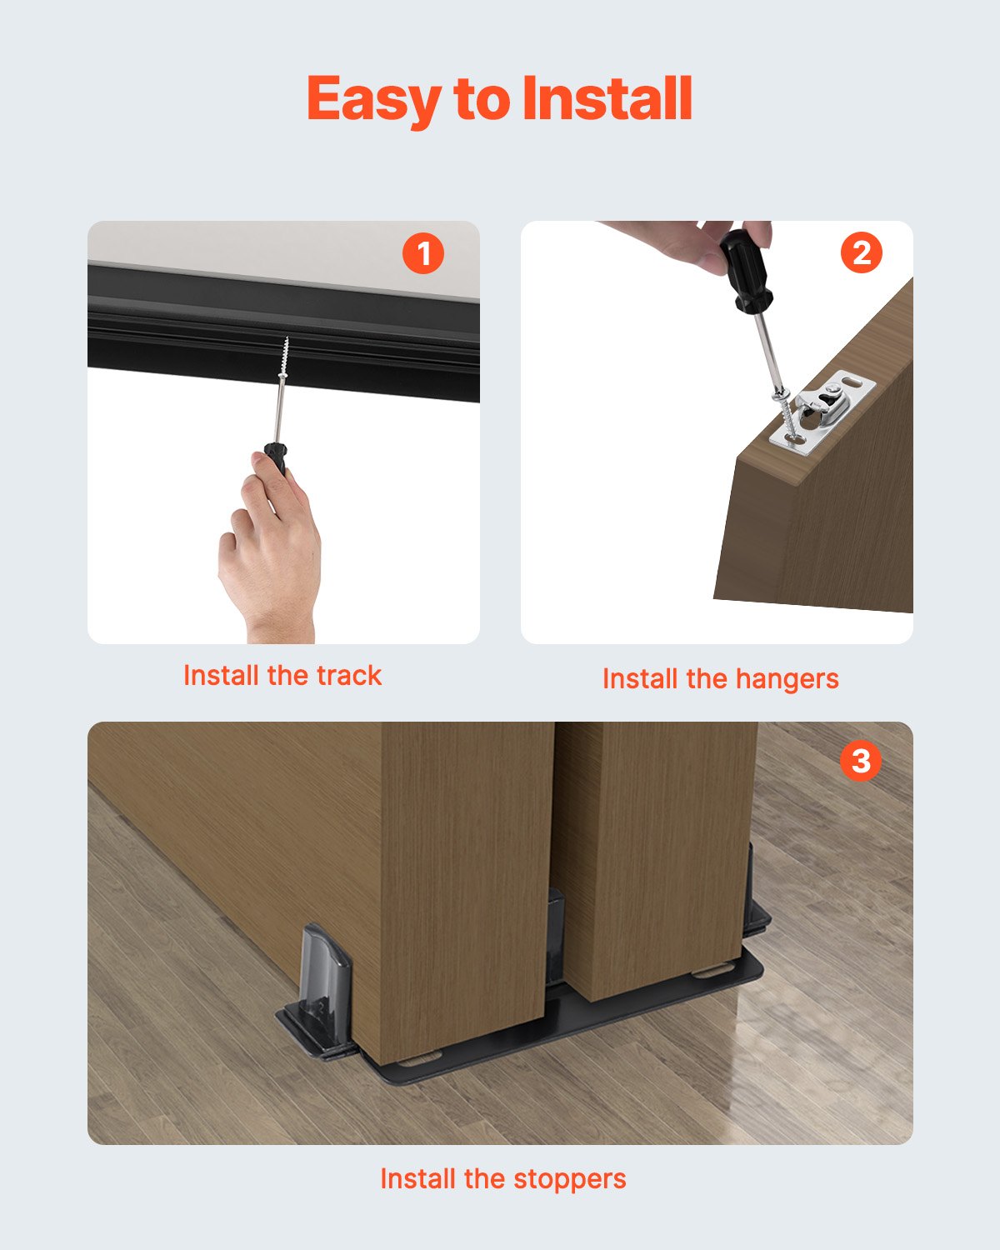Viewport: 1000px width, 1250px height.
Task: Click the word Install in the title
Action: click(x=607, y=98)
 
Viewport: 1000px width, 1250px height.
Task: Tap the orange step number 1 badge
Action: click(x=423, y=253)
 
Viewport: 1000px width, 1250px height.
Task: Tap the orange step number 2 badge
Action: click(x=861, y=252)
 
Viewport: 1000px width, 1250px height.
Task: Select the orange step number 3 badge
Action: click(x=860, y=761)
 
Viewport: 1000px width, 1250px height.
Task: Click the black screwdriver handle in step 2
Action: click(x=745, y=271)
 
